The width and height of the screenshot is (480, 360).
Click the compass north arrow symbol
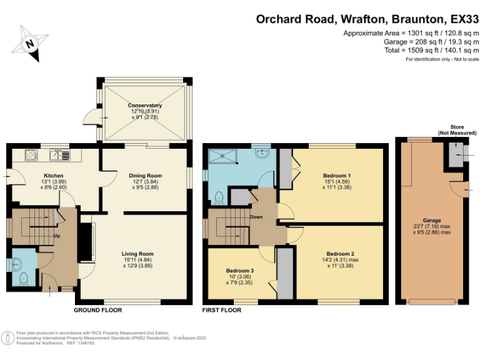(30, 44)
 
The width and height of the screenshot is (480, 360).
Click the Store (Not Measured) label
(457, 129)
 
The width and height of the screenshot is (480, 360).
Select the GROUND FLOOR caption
(98, 310)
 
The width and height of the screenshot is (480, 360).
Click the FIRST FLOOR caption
(222, 310)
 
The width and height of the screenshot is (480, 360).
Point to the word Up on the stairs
(57, 236)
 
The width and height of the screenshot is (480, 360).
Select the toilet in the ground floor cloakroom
(23, 278)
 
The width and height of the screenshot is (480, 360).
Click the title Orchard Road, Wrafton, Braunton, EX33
(367, 19)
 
